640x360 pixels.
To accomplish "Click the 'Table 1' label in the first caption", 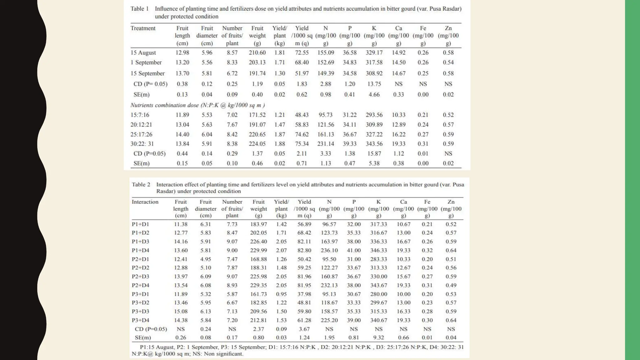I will coord(139,9).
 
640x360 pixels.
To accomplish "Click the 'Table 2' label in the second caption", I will coord(141,184).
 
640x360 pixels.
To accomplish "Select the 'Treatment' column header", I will coord(143,28).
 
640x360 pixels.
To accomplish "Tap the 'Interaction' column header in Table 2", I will coord(145,202).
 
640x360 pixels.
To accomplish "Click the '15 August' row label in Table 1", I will coord(143,52).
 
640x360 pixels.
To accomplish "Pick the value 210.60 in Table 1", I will coord(257,52).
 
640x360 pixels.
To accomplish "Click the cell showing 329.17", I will coord(374,52).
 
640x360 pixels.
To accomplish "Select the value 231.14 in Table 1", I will coord(326,144).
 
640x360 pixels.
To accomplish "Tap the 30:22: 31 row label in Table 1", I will coord(142,144).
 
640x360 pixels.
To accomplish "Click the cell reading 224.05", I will coord(257,144).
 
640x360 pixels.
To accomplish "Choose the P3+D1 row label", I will coord(140,294).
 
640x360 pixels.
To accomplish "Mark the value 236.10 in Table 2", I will coord(329,250).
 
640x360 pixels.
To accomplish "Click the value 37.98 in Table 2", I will coord(304,294).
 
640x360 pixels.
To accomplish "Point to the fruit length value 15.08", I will coord(181,312).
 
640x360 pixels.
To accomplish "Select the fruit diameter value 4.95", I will coord(206,259).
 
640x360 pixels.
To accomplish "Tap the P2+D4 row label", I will coord(140,285).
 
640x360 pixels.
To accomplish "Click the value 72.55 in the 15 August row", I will coord(302,52).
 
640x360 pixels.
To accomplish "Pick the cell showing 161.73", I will coord(258,294).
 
